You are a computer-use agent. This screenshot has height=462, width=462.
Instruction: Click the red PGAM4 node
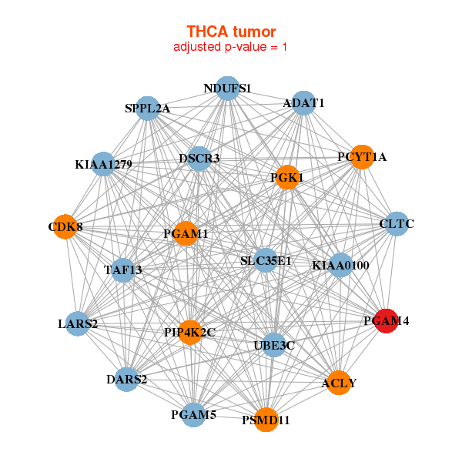(x=387, y=321)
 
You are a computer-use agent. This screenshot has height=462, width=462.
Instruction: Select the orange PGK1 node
(x=287, y=177)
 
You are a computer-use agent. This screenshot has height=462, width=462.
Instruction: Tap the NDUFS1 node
(x=227, y=88)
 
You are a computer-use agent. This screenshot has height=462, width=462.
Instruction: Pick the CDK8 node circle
(x=65, y=226)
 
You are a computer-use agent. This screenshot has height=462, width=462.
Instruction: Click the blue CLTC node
(x=397, y=223)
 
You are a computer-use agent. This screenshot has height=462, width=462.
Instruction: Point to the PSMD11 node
(x=266, y=420)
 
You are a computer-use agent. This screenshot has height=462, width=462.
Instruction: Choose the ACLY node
(x=339, y=383)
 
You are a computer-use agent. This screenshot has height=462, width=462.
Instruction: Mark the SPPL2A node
(x=148, y=108)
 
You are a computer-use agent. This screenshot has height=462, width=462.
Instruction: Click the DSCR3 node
(x=199, y=159)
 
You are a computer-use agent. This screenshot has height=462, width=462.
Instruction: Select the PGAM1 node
(x=186, y=233)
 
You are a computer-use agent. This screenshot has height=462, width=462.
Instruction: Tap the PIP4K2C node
(x=190, y=333)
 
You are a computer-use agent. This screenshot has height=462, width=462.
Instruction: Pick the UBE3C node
(x=274, y=345)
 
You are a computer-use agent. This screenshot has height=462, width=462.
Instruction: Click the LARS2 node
(x=78, y=324)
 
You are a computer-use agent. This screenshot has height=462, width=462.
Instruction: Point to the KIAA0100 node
(x=340, y=265)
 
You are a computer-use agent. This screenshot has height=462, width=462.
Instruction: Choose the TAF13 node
(x=123, y=270)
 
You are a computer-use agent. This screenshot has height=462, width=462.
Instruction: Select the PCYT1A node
(x=362, y=157)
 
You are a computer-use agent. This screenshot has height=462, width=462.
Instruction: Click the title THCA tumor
(x=231, y=32)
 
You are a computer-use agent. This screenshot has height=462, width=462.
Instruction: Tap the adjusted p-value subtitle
(x=230, y=47)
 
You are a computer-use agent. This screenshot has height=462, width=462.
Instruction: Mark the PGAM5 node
(x=193, y=414)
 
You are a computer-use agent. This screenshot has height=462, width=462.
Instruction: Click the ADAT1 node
(x=304, y=103)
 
